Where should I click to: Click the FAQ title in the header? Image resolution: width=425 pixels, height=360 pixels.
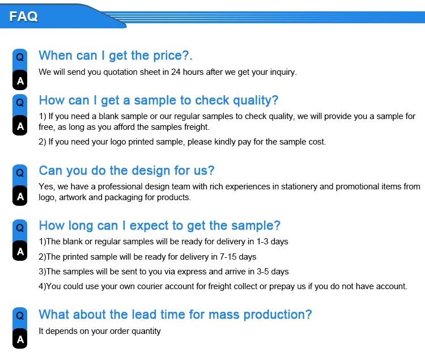23,16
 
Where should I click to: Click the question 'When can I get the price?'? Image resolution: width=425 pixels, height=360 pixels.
116,56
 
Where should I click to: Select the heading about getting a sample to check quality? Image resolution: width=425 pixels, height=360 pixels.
159,100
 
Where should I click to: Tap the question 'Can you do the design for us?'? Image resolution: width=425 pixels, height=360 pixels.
126,171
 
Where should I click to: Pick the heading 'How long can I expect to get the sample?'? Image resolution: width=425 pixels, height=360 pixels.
160,226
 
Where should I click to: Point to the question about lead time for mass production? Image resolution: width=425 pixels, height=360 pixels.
175,315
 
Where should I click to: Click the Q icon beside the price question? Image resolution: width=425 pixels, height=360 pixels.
20,57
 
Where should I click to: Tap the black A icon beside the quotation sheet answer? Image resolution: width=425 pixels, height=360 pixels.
20,81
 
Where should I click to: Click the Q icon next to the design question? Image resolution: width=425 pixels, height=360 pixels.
20,173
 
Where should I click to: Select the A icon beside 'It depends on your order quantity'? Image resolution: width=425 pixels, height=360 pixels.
20,339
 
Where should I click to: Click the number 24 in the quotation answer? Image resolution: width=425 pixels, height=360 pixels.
176,72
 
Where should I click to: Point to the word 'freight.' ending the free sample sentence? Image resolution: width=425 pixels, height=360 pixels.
197,127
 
